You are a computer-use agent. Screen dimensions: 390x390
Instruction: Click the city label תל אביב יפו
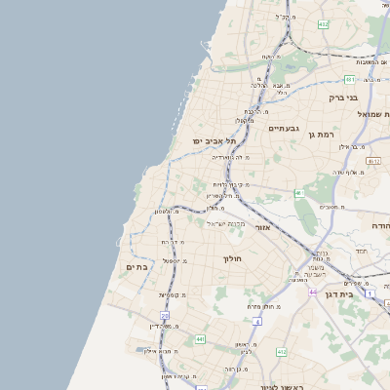(x=201, y=140)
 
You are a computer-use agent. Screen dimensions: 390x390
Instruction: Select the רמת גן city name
(x=321, y=135)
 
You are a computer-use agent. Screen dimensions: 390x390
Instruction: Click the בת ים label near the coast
(x=136, y=265)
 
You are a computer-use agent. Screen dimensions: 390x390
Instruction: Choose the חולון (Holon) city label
(x=231, y=258)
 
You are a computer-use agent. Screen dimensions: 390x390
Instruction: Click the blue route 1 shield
(x=370, y=292)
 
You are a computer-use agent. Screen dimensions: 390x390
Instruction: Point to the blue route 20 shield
(x=165, y=316)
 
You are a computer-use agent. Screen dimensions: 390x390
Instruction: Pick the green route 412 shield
(x=282, y=350)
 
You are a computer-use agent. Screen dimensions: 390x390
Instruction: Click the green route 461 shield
(x=349, y=79)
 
